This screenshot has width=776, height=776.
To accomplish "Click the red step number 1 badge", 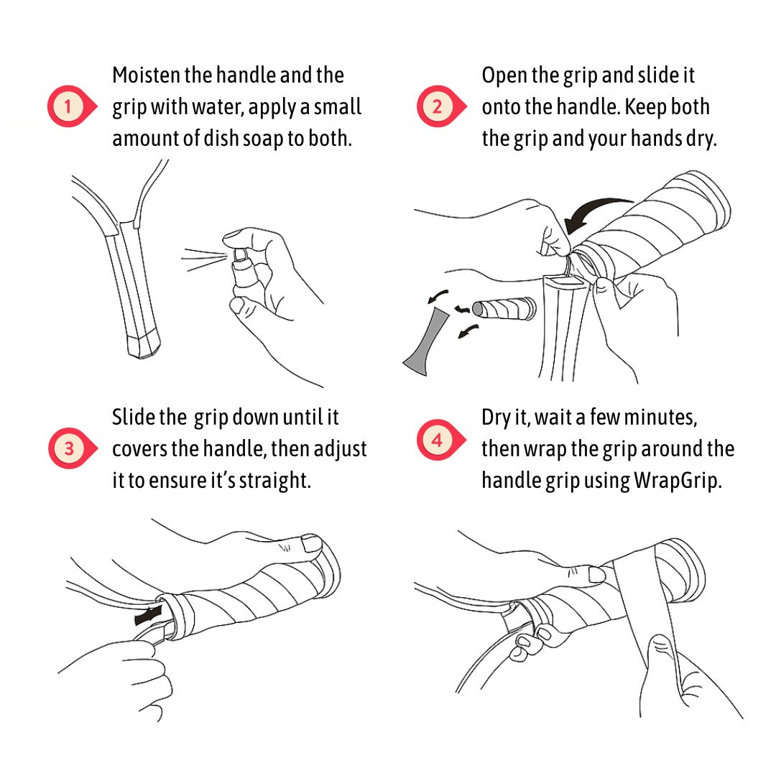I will [69, 107].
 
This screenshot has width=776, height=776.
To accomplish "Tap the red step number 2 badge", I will [438, 107].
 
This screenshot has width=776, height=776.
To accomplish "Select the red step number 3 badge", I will [69, 449].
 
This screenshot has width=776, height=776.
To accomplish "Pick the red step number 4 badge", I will [438, 439].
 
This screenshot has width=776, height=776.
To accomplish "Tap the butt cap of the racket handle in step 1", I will [144, 346].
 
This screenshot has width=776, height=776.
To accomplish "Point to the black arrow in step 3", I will [151, 616].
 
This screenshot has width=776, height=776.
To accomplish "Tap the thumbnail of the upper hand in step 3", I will [311, 543].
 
